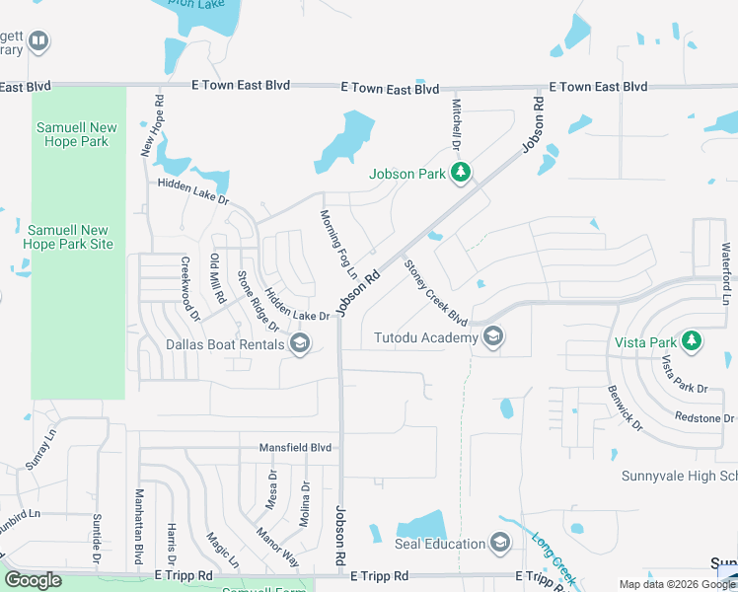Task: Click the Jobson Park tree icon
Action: (460, 174)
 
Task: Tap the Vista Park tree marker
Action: (693, 340)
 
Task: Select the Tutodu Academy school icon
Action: (493, 338)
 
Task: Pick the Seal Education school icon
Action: (500, 544)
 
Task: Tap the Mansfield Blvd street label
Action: (295, 447)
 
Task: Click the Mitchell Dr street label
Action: (457, 124)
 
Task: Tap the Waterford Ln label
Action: (726, 272)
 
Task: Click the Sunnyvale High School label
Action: (679, 476)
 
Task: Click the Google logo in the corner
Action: (33, 581)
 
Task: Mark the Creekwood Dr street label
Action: (189, 290)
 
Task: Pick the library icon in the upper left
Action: (38, 41)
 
